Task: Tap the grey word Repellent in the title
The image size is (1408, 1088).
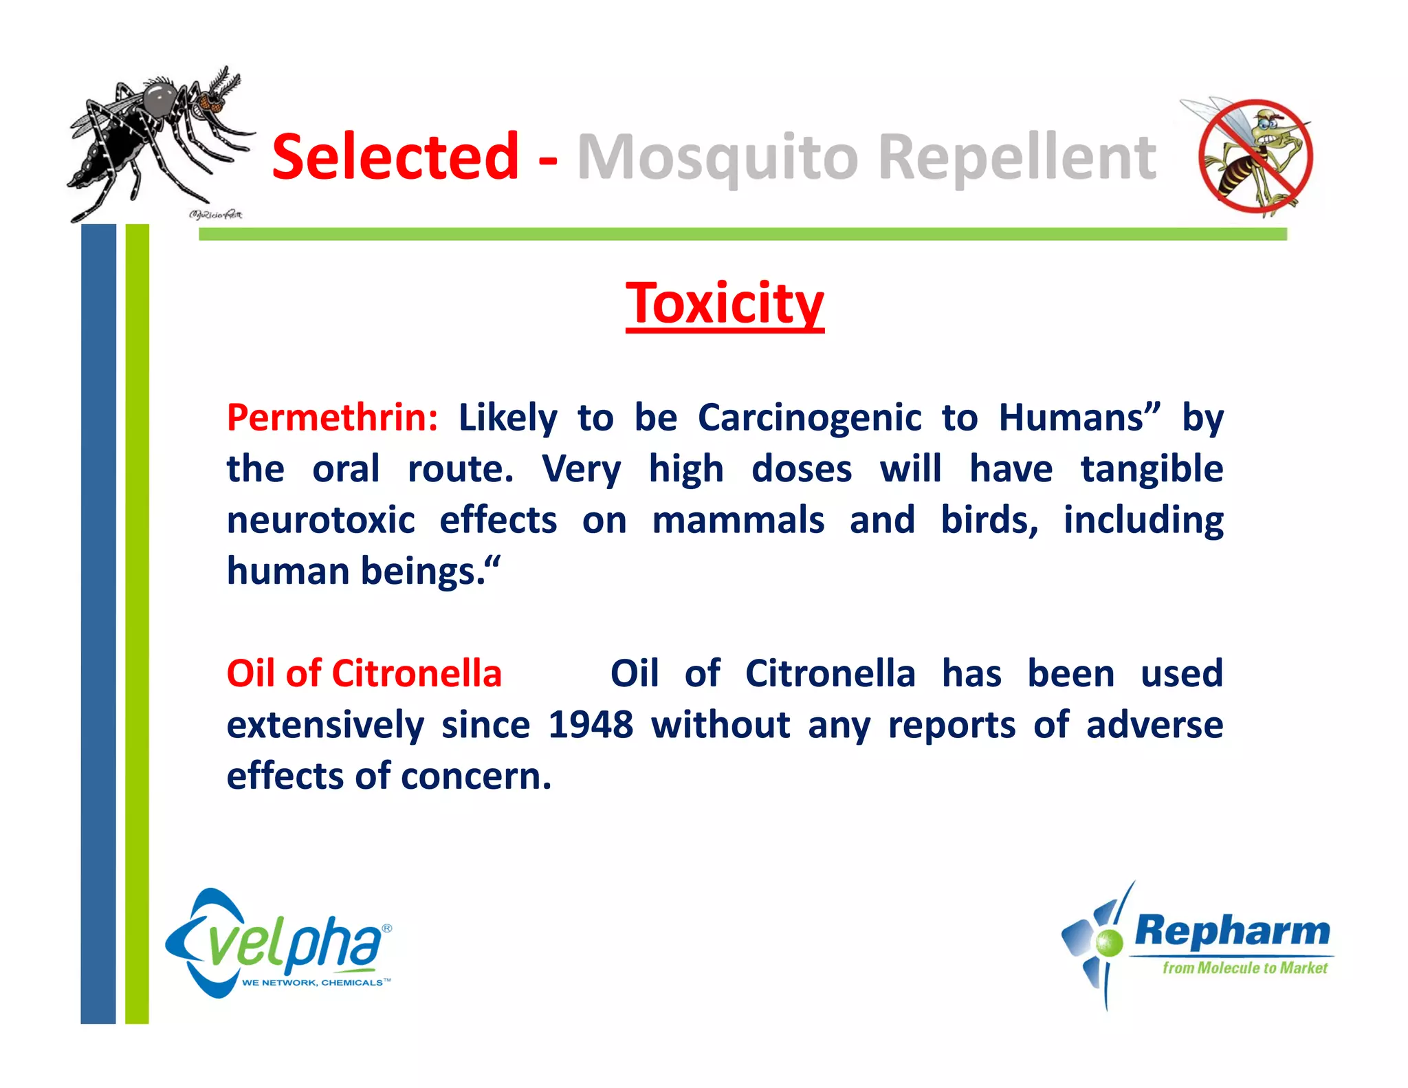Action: pyautogui.click(x=1017, y=158)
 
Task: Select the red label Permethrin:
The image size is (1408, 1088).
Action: pyautogui.click(x=332, y=417)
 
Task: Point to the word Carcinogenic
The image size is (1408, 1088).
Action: pyautogui.click(x=809, y=417)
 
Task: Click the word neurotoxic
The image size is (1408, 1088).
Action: pyautogui.click(x=321, y=520)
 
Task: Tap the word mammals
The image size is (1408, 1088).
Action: pyautogui.click(x=738, y=520)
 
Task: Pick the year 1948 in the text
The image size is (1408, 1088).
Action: pyautogui.click(x=590, y=725)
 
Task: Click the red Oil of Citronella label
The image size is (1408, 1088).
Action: pyautogui.click(x=364, y=673)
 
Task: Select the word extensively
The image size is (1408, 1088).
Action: pyautogui.click(x=325, y=725)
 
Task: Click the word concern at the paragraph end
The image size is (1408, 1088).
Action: pyautogui.click(x=475, y=776)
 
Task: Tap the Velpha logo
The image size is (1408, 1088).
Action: pyautogui.click(x=278, y=944)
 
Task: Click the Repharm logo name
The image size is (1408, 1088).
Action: pyautogui.click(x=1232, y=931)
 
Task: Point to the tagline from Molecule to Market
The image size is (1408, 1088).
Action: pyautogui.click(x=1244, y=968)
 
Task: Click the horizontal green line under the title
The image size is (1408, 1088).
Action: pyautogui.click(x=742, y=235)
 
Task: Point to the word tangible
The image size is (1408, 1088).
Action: pyautogui.click(x=1152, y=469)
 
